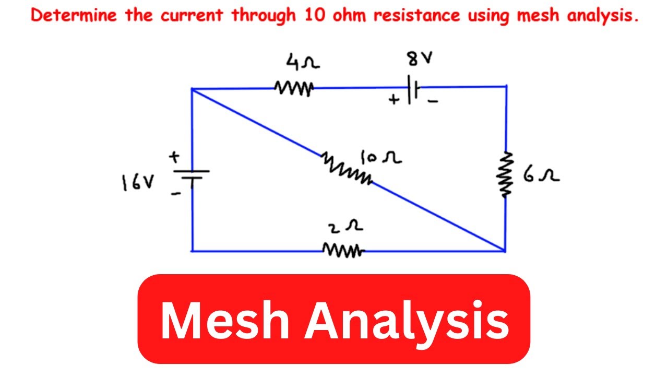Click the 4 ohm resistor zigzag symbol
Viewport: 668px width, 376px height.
click(293, 88)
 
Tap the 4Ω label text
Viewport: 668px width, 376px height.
click(302, 64)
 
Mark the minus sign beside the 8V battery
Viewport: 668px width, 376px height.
click(432, 101)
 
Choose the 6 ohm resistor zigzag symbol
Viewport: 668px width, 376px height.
click(505, 175)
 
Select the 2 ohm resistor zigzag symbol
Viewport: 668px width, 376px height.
click(342, 251)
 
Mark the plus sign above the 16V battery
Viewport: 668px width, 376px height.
click(173, 156)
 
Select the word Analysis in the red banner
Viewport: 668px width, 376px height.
click(407, 319)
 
